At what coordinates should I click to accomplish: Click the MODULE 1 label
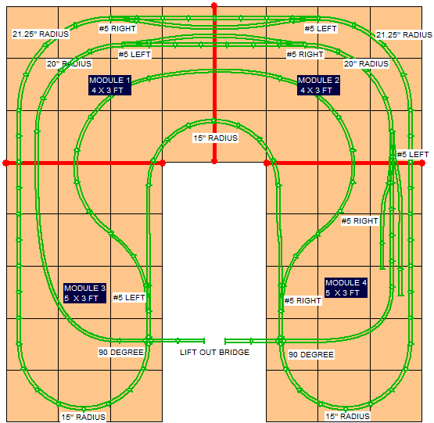(109, 85)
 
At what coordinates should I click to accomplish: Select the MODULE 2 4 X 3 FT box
(318, 85)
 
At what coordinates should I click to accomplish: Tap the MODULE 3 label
(84, 293)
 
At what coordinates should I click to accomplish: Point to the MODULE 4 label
(346, 288)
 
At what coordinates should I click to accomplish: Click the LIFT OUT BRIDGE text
(214, 352)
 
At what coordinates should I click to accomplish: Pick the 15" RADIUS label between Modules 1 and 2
(215, 138)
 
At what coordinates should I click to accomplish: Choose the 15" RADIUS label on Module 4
(348, 416)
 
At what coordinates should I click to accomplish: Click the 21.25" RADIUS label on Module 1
(41, 34)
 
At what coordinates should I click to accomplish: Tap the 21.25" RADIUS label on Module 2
(404, 35)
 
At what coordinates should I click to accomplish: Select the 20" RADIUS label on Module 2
(366, 63)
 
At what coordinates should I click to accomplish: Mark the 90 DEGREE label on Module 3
(121, 352)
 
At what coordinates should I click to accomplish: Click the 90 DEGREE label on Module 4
(311, 354)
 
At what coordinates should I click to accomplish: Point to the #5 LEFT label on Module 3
(129, 298)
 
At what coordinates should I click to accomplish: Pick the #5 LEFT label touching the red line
(413, 155)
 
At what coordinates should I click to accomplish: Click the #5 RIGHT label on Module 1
(117, 28)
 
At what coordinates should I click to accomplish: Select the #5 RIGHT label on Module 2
(305, 54)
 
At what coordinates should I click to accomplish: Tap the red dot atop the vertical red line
(214, 5)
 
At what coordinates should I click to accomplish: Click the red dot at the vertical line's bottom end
(214, 161)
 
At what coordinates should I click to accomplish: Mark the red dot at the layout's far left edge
(5, 163)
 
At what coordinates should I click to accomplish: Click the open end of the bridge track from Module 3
(204, 341)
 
